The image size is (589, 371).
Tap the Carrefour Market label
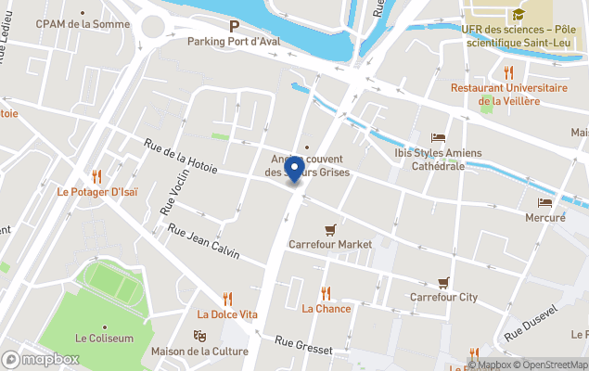click(330, 244)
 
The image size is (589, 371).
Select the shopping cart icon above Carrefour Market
click(330, 229)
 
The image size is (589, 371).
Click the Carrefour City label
click(443, 297)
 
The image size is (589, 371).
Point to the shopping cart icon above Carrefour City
click(443, 282)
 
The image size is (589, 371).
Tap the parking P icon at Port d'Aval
click(234, 27)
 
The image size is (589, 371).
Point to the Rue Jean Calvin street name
click(203, 239)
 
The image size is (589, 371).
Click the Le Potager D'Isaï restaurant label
click(96, 192)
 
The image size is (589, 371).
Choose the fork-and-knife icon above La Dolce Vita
click(227, 299)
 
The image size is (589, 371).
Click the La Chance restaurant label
click(326, 308)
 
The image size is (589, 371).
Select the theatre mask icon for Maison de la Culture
click(198, 336)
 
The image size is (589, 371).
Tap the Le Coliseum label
click(104, 339)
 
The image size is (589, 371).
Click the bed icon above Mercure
click(544, 202)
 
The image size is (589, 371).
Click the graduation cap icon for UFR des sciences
click(517, 14)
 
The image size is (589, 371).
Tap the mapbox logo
click(41, 359)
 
